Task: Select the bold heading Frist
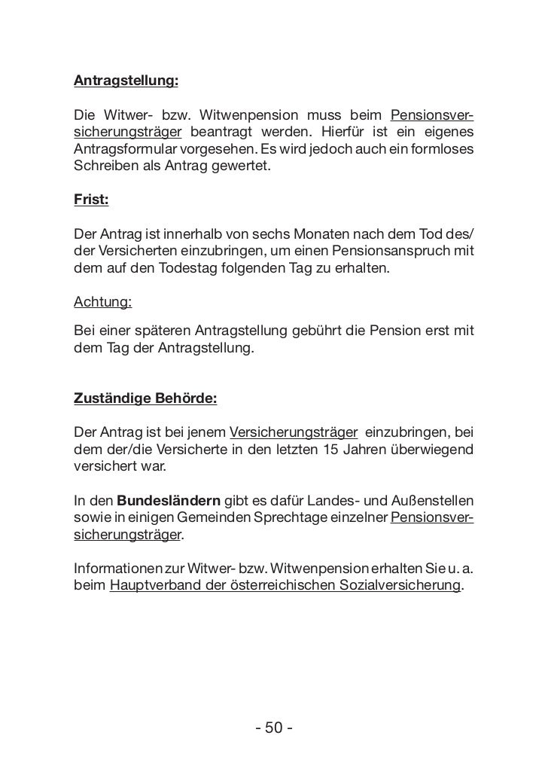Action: point(91,201)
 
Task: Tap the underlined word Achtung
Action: point(102,303)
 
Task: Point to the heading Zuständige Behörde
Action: point(145,398)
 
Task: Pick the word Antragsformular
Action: point(123,149)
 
